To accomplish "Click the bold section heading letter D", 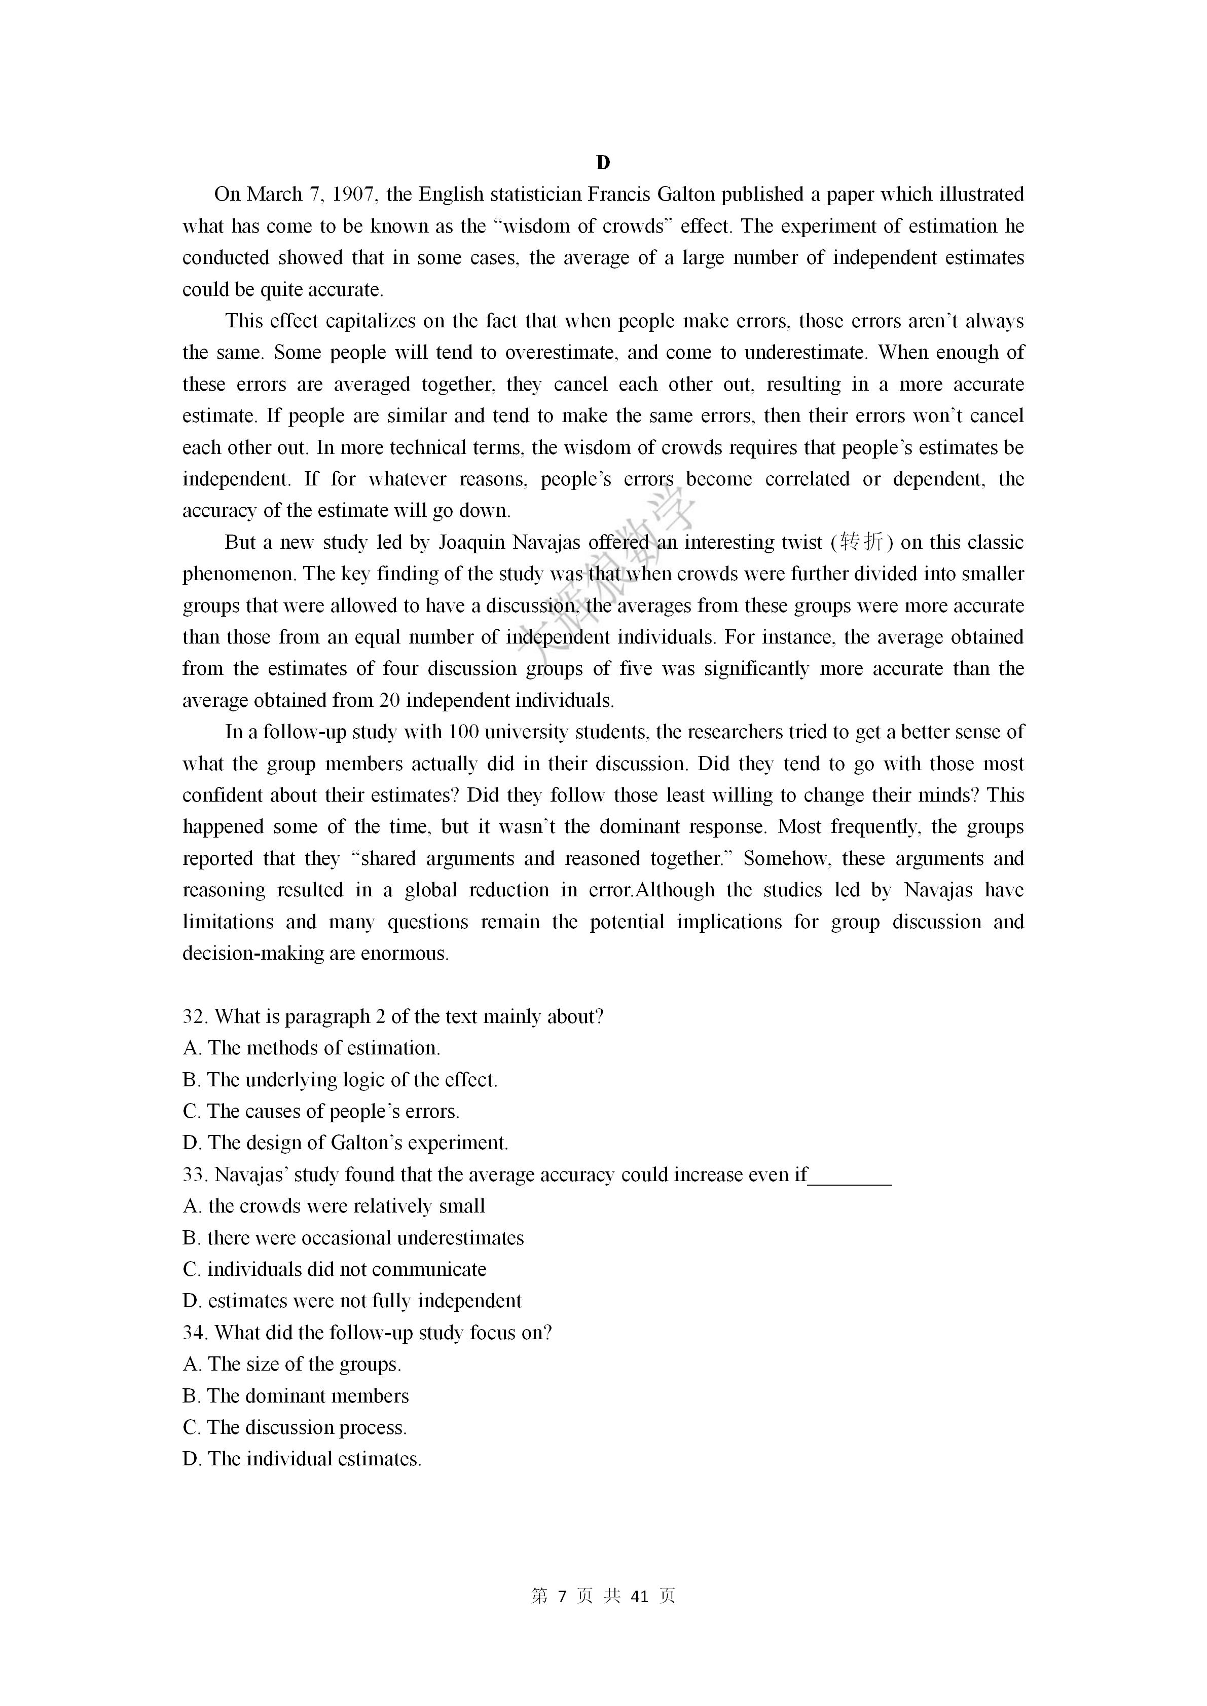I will tap(603, 163).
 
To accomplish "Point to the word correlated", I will tap(807, 479).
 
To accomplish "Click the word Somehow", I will tap(788, 859).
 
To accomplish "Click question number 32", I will tap(195, 1017).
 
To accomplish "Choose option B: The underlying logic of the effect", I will tap(340, 1080).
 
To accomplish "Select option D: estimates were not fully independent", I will tap(352, 1302).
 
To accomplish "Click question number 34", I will tap(195, 1333).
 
